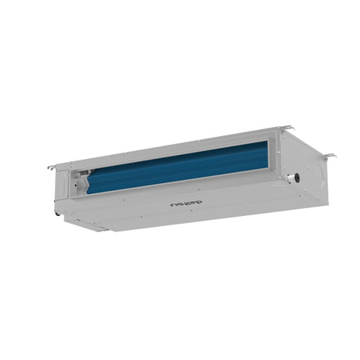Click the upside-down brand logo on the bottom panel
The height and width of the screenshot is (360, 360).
pyautogui.click(x=185, y=193)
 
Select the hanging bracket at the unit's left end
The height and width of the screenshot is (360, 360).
pyautogui.click(x=52, y=166)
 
